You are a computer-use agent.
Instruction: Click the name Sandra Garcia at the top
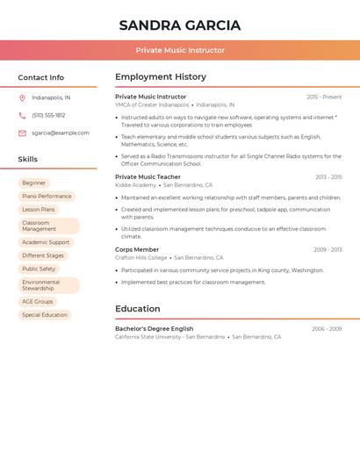coord(180,25)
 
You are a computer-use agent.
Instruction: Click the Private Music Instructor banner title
coord(180,50)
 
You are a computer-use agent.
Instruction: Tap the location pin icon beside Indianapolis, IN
coord(22,97)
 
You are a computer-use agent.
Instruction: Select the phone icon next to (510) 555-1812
coord(22,115)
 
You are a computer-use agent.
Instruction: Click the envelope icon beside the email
coord(22,133)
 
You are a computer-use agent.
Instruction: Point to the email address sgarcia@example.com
coord(61,133)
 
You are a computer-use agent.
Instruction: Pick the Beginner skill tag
coord(34,182)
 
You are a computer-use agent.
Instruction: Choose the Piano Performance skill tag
coord(47,197)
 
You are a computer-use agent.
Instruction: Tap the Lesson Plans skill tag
coord(39,210)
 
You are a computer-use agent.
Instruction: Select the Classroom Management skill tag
coord(48,225)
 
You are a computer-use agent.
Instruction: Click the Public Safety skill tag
coord(39,269)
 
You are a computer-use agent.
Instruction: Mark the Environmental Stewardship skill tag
coord(48,285)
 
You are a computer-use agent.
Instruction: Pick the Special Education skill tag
coord(45,315)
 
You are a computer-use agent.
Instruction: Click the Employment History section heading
coord(161,77)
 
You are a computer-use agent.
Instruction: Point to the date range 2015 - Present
coord(324,97)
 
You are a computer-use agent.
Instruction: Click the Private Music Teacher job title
coord(148,177)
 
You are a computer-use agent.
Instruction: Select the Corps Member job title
coord(136,249)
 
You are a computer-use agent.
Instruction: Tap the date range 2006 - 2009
coord(327,329)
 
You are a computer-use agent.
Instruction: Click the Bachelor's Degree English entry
coord(154,329)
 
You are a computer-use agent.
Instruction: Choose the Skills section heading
coord(28,159)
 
